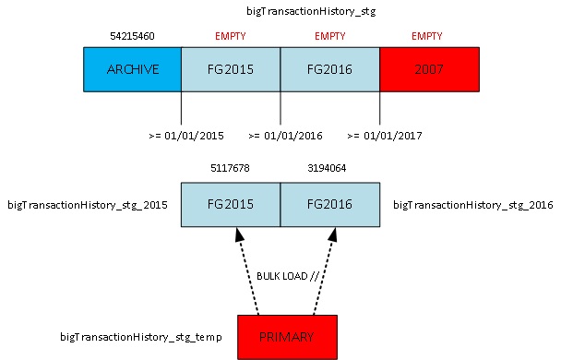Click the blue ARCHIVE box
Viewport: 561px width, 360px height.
pos(132,69)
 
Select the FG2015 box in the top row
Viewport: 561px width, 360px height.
pos(231,69)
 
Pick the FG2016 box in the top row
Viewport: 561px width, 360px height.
pos(329,69)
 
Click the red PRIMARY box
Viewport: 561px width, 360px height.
pos(287,336)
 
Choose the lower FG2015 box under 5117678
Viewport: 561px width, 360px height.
pos(231,204)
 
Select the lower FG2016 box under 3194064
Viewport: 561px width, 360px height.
pos(329,204)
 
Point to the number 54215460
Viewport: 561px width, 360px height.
pos(132,35)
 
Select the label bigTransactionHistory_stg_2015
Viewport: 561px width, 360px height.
pos(88,204)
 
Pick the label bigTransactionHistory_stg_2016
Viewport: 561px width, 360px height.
pos(472,204)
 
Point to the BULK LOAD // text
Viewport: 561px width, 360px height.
pos(287,275)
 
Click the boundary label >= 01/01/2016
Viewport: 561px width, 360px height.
pos(284,136)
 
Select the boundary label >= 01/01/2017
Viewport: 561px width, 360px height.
pos(384,136)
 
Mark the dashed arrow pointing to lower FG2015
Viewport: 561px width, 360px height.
pos(249,272)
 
